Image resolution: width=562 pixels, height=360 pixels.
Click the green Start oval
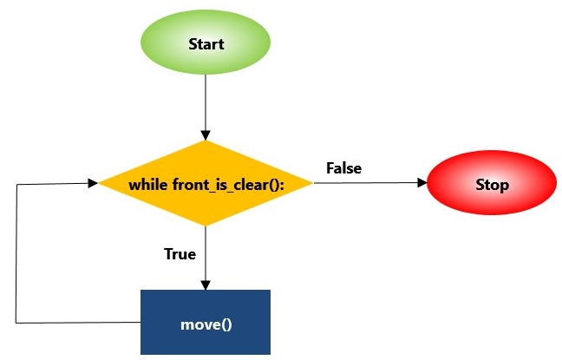(x=206, y=43)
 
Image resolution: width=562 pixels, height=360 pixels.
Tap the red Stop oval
(x=492, y=185)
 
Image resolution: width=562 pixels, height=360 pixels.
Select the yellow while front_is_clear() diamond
(x=206, y=184)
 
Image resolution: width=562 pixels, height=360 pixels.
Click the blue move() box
(x=206, y=322)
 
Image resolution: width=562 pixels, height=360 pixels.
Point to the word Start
(x=206, y=43)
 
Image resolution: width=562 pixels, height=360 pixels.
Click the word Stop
(x=492, y=185)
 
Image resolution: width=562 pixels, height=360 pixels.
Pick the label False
(x=343, y=167)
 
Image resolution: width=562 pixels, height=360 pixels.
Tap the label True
(x=180, y=254)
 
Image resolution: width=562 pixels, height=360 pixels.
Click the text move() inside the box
(x=206, y=324)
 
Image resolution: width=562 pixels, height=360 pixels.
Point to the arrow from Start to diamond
(x=206, y=104)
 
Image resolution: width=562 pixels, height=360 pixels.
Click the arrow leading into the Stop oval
(x=369, y=183)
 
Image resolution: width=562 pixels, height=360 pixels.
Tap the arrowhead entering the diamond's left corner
(x=93, y=183)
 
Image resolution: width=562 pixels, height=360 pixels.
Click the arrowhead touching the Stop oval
(x=423, y=183)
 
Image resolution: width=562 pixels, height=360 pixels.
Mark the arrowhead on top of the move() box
(x=206, y=285)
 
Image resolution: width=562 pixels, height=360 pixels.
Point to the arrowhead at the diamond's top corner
(x=206, y=135)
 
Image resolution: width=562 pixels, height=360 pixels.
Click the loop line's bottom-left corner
(x=16, y=323)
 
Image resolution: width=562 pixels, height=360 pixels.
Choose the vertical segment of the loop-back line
(x=16, y=252)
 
